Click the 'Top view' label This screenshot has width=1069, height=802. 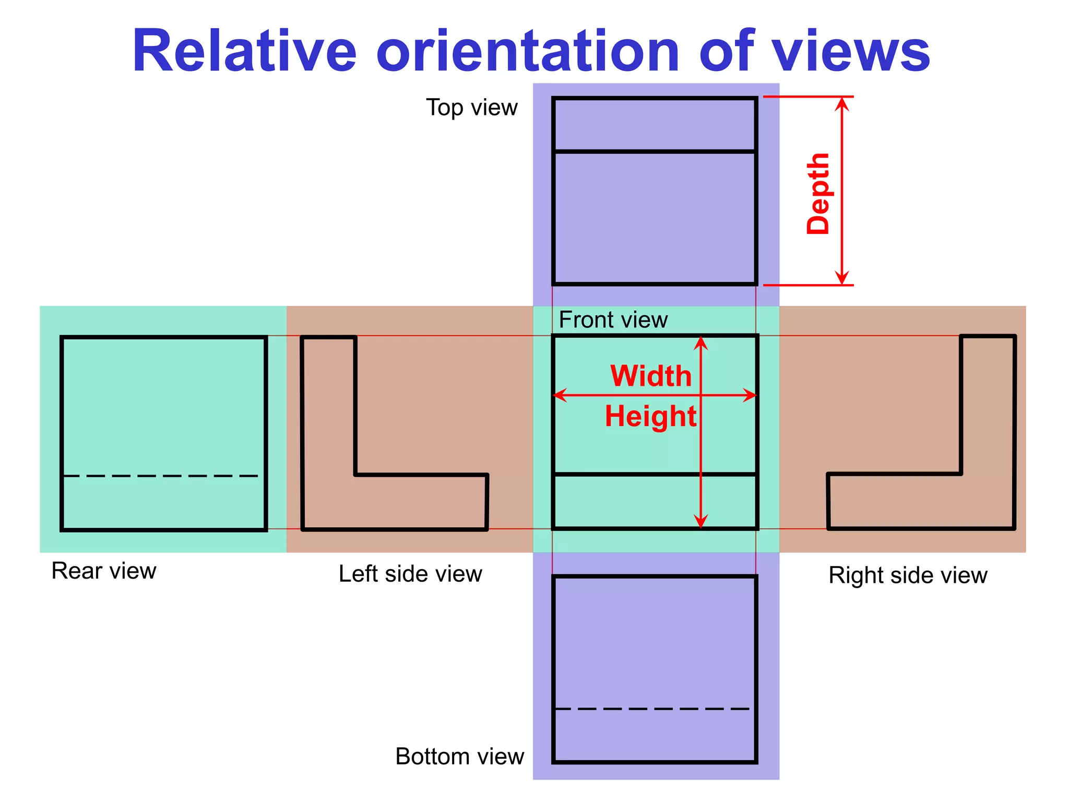coord(472,108)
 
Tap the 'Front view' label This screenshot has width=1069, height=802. coord(613,320)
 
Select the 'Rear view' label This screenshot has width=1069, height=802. coord(104,571)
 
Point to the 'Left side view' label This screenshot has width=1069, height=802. coord(410,574)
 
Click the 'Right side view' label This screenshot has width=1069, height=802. coord(908,575)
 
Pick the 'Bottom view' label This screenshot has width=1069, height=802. coord(459,756)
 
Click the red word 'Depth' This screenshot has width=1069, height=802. coord(818,193)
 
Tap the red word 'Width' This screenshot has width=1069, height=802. coord(651,376)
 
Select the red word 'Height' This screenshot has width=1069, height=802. coord(650,416)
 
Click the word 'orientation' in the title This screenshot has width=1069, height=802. coord(527,51)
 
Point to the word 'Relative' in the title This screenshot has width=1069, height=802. coord(244,51)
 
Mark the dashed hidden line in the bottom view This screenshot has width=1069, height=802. coord(652,709)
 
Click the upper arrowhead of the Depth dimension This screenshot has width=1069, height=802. coord(841,103)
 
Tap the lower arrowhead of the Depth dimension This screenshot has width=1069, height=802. coord(841,278)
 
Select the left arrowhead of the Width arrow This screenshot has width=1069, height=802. coord(560,395)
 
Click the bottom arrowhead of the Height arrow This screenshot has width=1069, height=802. coord(700,521)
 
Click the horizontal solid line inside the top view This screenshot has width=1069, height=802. coord(655,151)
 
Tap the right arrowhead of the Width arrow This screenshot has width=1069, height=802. coord(750,395)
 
